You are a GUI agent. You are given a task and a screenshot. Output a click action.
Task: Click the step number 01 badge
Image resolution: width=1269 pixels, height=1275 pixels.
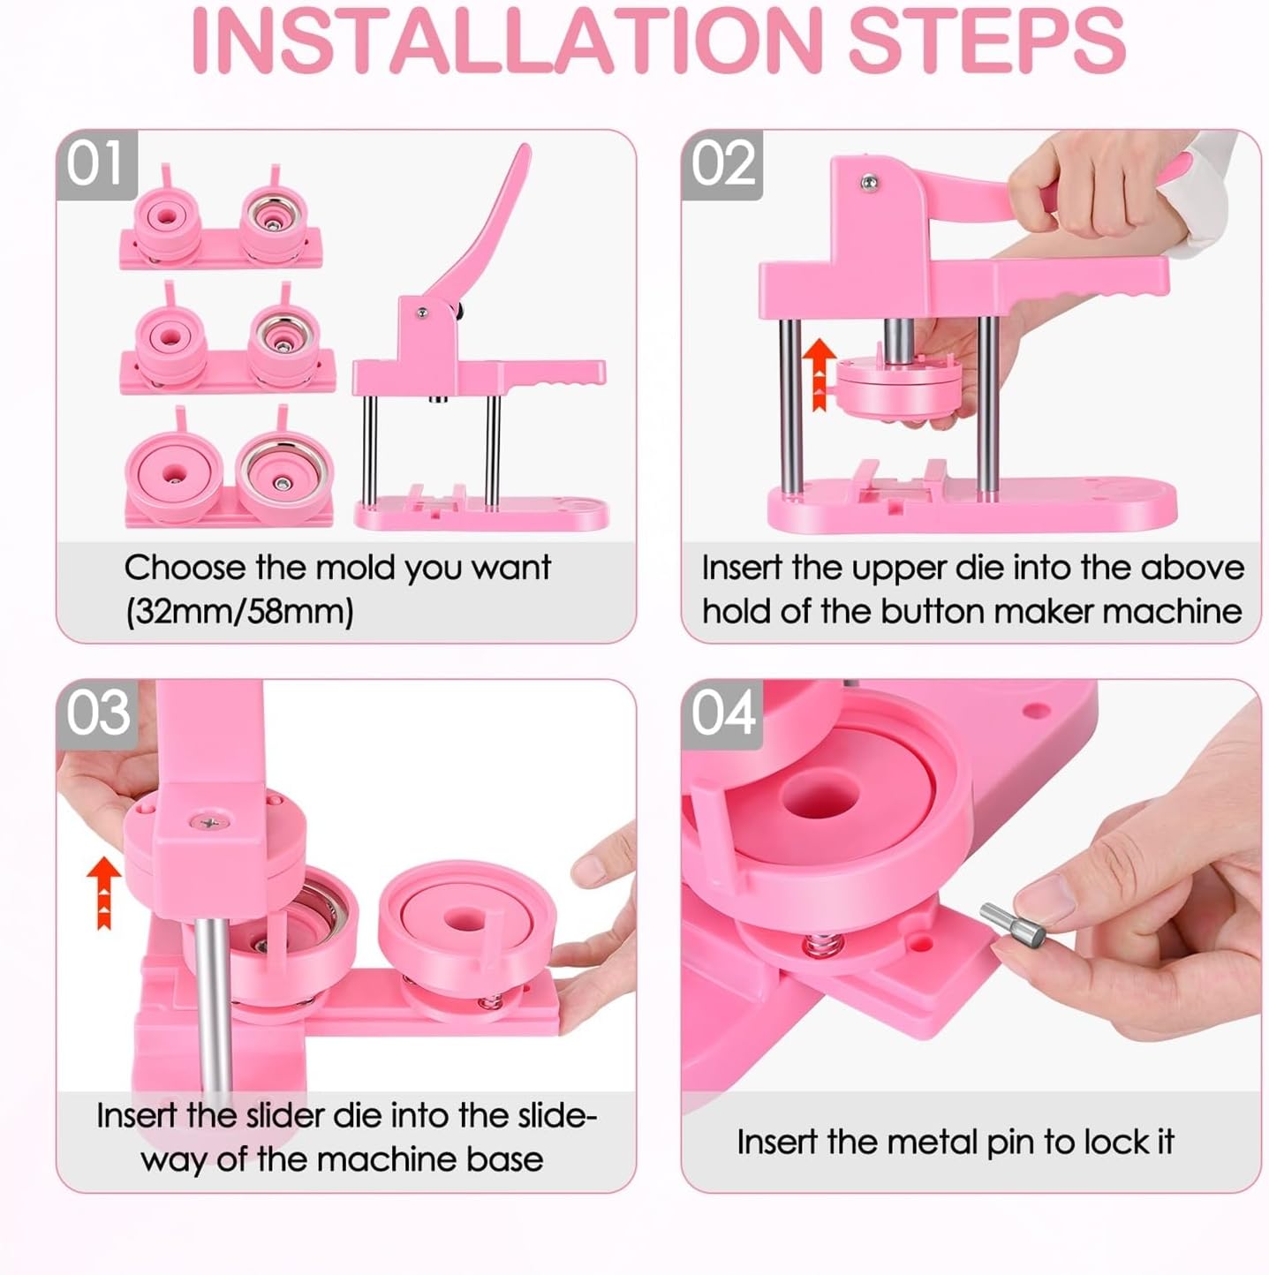tap(96, 165)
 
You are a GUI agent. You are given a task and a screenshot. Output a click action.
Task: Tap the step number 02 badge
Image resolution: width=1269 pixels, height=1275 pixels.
tap(722, 165)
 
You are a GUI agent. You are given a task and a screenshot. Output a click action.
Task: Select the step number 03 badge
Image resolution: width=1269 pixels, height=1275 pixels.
tap(97, 714)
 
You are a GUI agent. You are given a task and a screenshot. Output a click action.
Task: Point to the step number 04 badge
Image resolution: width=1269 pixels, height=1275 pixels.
tap(722, 714)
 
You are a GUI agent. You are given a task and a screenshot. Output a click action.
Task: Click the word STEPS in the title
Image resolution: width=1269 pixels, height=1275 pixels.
tap(986, 41)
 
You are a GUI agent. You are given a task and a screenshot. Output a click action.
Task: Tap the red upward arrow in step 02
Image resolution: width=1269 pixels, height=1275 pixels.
tap(820, 374)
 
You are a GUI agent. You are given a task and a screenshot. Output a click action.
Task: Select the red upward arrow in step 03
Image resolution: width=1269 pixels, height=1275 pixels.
tap(104, 893)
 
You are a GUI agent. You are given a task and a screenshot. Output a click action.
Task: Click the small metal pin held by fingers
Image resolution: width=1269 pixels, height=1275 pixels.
tap(1012, 924)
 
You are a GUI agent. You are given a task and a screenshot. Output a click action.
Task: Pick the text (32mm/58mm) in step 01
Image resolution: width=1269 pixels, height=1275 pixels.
tap(239, 612)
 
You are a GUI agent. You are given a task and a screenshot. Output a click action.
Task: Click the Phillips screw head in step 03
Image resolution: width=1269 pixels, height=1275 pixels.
tap(209, 822)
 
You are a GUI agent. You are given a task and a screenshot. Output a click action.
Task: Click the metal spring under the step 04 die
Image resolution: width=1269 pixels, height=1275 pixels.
tap(823, 946)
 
